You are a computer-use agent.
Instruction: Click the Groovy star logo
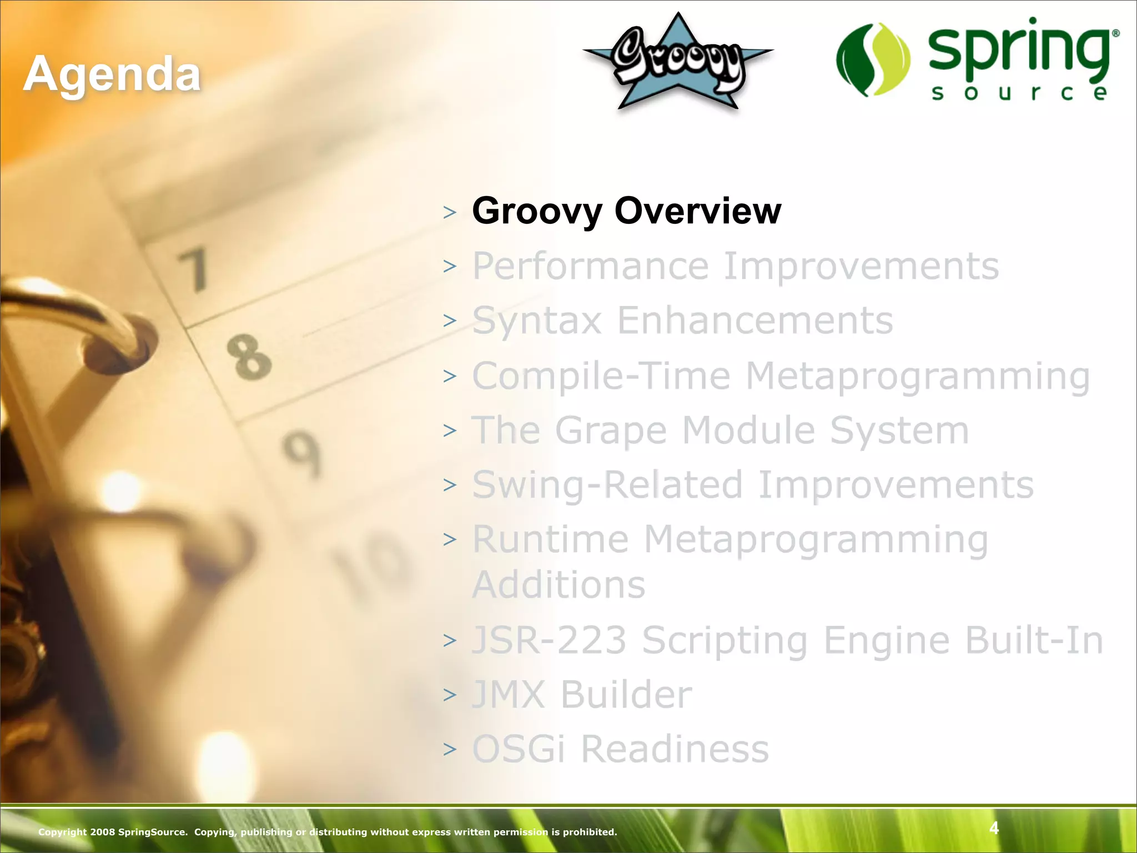pos(677,62)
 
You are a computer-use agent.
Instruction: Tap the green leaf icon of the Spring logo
pos(873,60)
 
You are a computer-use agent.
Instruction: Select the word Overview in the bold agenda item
pos(698,211)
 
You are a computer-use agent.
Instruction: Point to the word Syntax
pos(537,321)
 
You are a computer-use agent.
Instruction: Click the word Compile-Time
pos(601,376)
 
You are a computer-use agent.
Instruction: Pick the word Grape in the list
pos(611,431)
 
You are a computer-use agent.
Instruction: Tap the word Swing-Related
pos(607,485)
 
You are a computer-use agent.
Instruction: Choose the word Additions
pos(559,584)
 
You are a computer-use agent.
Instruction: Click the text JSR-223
pos(549,640)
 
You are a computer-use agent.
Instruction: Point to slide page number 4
pos(994,828)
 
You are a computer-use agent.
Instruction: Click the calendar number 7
pos(194,270)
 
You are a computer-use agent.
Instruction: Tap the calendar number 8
pos(249,357)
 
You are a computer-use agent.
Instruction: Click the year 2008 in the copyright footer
pos(103,832)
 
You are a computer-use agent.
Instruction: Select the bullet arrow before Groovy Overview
pos(450,212)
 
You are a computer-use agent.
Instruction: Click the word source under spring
pos(1019,93)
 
